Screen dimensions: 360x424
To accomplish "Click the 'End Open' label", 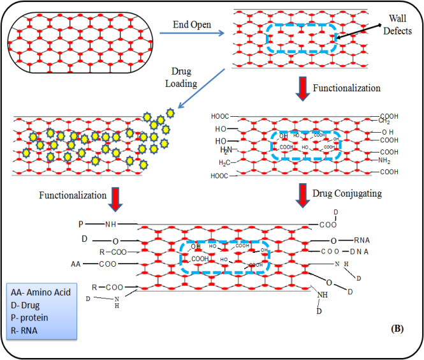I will [x=193, y=25].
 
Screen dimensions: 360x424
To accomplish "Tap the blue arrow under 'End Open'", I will [x=193, y=36].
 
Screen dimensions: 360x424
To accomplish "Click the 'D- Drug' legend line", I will [x=28, y=303].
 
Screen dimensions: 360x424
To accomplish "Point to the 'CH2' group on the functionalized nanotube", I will [x=384, y=121].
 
